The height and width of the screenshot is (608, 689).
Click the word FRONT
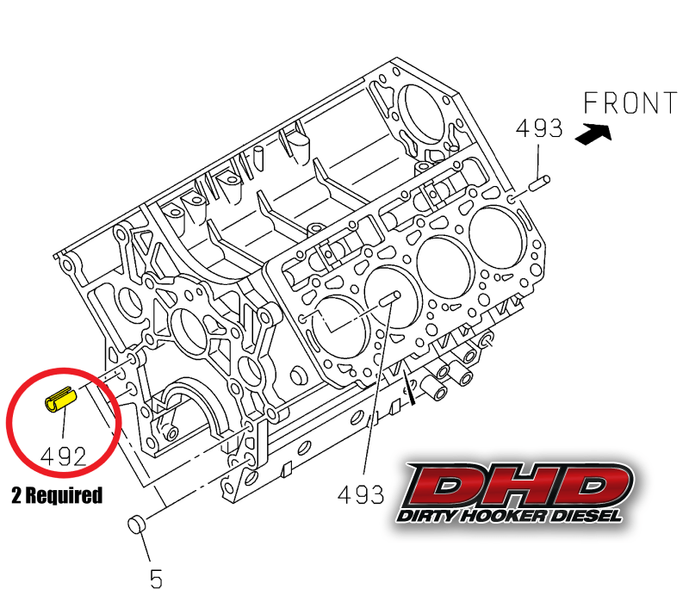tap(630, 103)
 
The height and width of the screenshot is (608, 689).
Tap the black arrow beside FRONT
tap(594, 133)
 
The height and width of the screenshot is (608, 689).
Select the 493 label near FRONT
tap(539, 129)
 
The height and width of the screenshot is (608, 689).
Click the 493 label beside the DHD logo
tap(361, 494)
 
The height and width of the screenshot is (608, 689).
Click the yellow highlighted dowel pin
tap(61, 400)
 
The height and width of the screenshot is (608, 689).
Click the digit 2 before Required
tap(17, 495)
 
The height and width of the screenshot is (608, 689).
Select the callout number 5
tap(156, 580)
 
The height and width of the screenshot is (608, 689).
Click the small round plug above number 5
tap(138, 524)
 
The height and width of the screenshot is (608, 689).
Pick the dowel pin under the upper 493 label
tap(537, 182)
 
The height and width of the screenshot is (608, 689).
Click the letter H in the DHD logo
tap(518, 486)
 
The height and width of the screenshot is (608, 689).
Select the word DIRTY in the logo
tap(426, 515)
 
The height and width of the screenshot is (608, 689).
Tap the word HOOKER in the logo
tap(505, 515)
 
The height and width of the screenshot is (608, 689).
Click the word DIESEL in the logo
tap(587, 515)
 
